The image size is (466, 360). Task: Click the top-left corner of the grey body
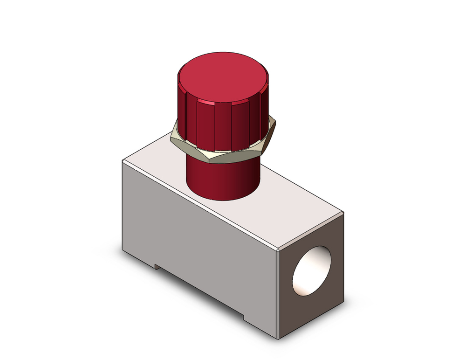pos(123,160)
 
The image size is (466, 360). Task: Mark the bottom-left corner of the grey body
pos(123,250)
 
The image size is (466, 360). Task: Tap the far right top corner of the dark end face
pos(344,212)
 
